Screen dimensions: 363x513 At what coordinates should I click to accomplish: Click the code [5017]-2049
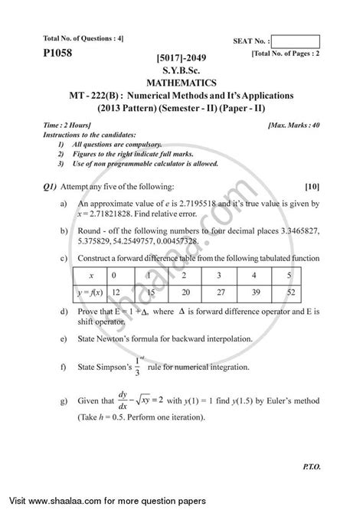[181, 58]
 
